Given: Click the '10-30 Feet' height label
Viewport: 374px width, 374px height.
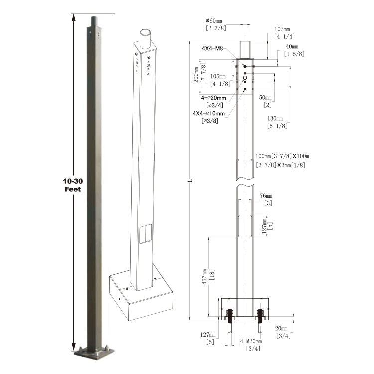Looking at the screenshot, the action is (73, 185).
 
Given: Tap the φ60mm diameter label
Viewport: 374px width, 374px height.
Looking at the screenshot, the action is (214, 21).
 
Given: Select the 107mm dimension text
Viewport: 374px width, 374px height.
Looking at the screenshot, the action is (282, 29).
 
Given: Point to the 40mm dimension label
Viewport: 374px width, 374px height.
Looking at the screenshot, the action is (292, 46).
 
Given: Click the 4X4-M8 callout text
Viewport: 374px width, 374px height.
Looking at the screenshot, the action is (212, 49).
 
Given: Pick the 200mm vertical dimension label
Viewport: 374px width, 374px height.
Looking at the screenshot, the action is (196, 75).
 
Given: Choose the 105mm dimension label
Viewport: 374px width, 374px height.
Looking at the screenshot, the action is (218, 77).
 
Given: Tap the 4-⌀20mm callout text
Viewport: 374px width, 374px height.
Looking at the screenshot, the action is (213, 98).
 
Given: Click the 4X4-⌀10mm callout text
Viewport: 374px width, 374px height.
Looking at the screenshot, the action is (209, 113).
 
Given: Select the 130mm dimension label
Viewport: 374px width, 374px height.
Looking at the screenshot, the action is (275, 119).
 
